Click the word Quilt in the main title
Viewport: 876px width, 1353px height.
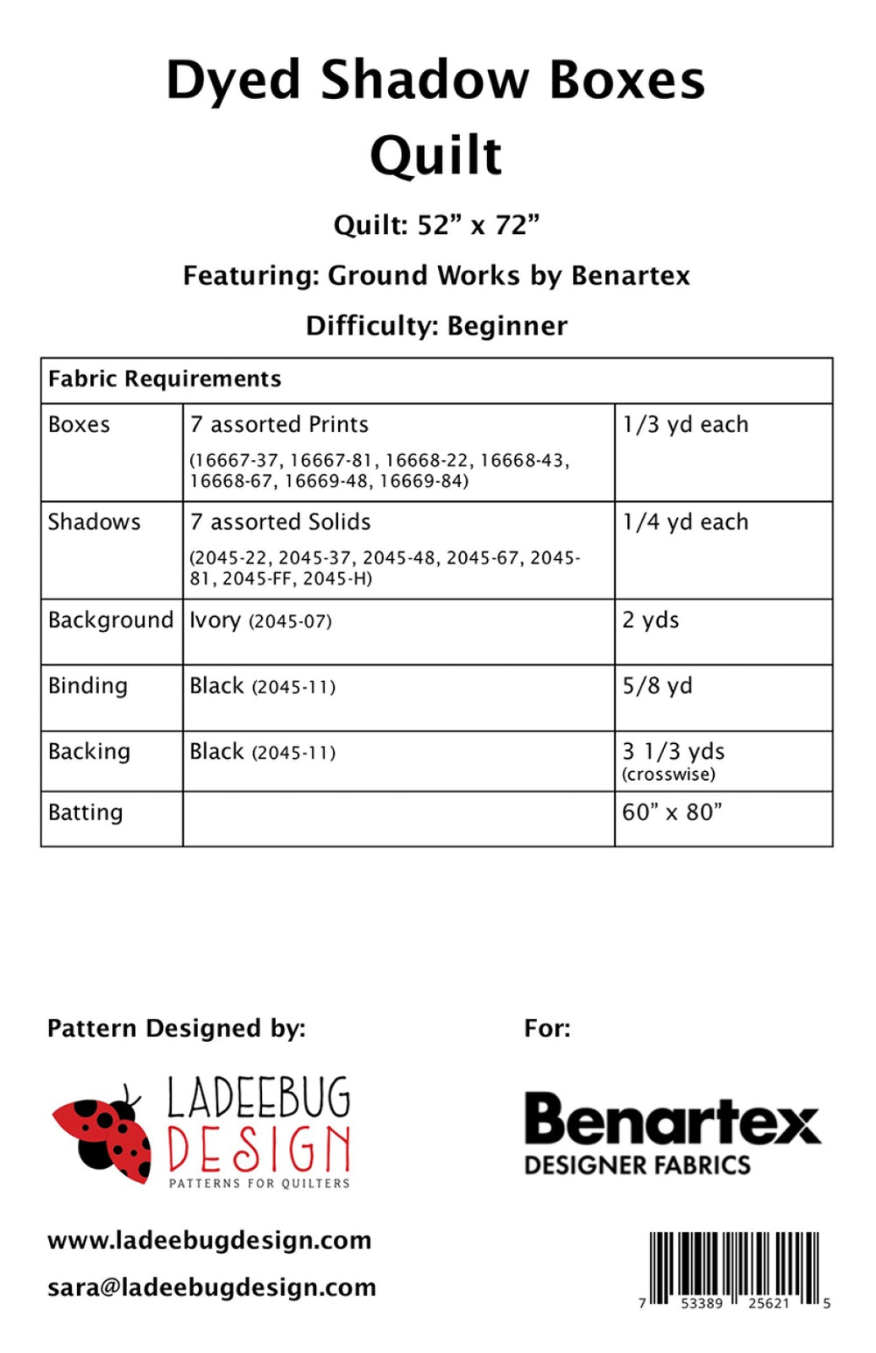(x=436, y=157)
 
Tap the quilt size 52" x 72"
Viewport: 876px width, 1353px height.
(x=477, y=225)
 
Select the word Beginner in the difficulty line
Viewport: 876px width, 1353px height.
(x=507, y=326)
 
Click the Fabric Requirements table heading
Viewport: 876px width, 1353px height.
(x=165, y=379)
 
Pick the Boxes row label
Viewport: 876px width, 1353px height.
(x=79, y=425)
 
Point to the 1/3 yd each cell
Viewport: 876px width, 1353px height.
(x=685, y=425)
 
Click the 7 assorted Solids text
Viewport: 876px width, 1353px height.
(x=280, y=522)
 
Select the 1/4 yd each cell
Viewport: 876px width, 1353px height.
(x=685, y=522)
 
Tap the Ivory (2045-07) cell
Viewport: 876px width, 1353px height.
(x=260, y=620)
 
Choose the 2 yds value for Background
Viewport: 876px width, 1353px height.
(x=650, y=620)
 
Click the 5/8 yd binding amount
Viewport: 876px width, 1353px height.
(x=657, y=686)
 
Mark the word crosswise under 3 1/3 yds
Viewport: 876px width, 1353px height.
(x=668, y=775)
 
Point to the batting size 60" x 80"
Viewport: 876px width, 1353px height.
(x=672, y=812)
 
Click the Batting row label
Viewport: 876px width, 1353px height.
(x=85, y=812)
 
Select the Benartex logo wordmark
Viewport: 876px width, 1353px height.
(x=672, y=1121)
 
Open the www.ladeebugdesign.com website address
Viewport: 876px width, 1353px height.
(x=209, y=1241)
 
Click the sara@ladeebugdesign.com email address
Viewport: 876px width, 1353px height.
(x=211, y=1287)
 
